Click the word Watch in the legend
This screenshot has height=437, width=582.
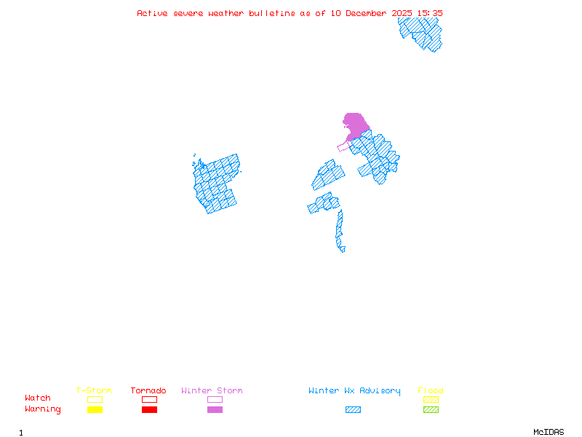coord(38,398)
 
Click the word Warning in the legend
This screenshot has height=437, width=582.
coord(43,409)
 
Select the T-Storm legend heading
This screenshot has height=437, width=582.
coord(94,391)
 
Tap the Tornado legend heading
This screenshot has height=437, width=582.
coord(148,391)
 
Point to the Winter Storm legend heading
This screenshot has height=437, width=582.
coord(212,391)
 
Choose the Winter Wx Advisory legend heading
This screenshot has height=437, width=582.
coord(354,391)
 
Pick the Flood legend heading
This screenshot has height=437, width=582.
coord(431,391)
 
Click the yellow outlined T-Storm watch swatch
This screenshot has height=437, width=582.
coord(95,399)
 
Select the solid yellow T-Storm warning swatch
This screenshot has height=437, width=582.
coord(95,409)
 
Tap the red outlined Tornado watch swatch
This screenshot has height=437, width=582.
coord(149,399)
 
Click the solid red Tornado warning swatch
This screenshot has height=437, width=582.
coord(149,409)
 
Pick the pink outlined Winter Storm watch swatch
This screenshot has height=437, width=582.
coord(215,399)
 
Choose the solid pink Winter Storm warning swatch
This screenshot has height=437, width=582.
coord(215,409)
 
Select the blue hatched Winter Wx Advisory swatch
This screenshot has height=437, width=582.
coord(353,409)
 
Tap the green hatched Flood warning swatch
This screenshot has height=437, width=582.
coord(431,409)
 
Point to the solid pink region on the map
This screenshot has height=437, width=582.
coord(355,124)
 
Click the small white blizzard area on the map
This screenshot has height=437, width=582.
coord(346,248)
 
